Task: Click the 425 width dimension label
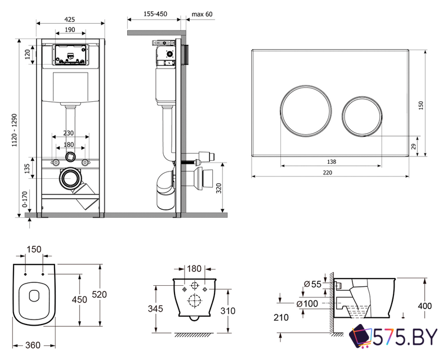pos(70,19)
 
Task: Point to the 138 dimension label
pos(331,161)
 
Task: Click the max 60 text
pos(202,14)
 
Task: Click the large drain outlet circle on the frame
pos(70,179)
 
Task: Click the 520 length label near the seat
pos(99,295)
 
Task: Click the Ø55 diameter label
pos(313,285)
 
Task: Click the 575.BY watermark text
pos(407,336)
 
